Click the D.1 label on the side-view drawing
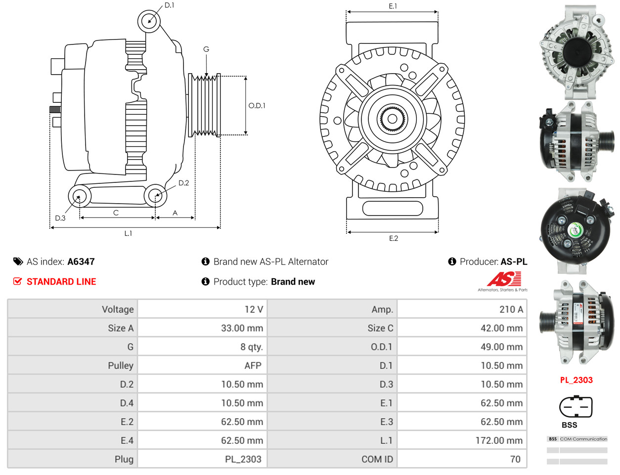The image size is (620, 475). tap(169, 5)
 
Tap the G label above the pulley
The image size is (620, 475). tap(206, 49)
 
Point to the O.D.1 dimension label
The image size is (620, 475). tap(257, 106)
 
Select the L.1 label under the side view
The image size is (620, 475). tap(128, 233)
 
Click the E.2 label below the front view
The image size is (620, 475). tap(394, 238)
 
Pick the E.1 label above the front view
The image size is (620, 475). tap(393, 6)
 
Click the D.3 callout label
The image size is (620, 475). tap(60, 218)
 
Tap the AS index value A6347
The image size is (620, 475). tap(81, 262)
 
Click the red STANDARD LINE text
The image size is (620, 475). tap(61, 282)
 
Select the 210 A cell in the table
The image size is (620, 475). tap(511, 309)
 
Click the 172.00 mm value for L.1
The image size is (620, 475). tap(499, 440)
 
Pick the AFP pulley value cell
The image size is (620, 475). tap(253, 365)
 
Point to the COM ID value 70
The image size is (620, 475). tap(515, 459)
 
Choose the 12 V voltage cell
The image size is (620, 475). tap(254, 309)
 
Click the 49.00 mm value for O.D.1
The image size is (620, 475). tap(502, 347)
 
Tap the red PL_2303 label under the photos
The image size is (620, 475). tap(576, 380)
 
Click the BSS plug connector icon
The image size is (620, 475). tap(576, 407)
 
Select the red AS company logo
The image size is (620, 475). tap(504, 279)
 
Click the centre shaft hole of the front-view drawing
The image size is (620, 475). tap(392, 119)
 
